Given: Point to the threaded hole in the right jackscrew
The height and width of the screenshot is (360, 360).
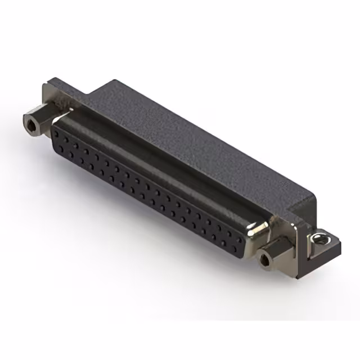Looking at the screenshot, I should [265, 260].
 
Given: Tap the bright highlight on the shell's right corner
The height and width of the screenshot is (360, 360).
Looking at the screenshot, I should [260, 231].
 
